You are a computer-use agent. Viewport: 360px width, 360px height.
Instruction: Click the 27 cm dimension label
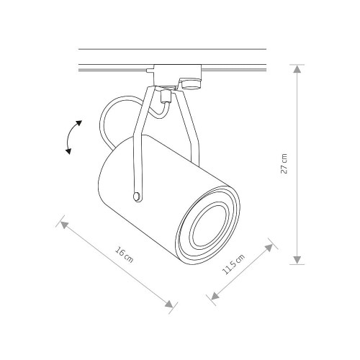(284, 163)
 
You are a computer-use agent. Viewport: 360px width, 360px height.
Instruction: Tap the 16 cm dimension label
(124, 255)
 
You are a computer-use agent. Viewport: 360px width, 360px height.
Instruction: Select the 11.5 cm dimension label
(233, 264)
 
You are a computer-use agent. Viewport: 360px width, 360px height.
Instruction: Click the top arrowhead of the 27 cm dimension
(297, 69)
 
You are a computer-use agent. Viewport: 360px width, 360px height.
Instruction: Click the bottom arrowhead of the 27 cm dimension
(297, 260)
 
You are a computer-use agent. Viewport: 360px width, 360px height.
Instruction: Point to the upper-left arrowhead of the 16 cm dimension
(64, 225)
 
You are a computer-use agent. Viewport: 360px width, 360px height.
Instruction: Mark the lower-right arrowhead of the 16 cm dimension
(169, 304)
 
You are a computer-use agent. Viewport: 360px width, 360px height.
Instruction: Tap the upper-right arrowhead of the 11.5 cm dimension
(269, 248)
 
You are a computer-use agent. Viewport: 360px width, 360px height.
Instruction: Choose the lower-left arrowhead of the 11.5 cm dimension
(215, 296)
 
